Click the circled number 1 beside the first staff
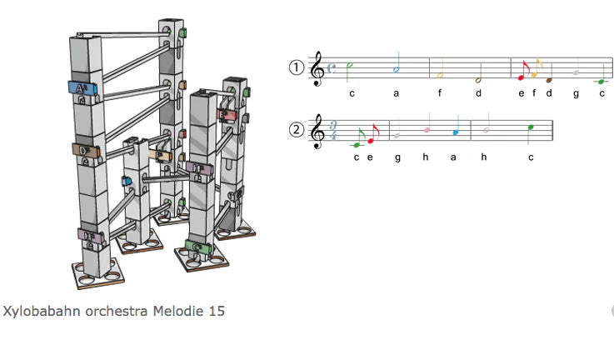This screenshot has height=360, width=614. tap(297, 67)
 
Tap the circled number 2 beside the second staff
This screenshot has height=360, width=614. tap(297, 130)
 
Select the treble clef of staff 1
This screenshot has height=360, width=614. tap(317, 68)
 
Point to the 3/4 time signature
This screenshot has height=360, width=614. tap(333, 131)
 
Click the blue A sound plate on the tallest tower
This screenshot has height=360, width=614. tap(82, 88)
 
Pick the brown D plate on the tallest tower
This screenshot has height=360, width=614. tap(86, 151)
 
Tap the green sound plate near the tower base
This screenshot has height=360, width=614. tap(198, 247)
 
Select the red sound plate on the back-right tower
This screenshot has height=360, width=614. tap(227, 115)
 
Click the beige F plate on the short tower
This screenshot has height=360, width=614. tap(160, 155)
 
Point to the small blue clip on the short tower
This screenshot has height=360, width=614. tap(127, 181)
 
